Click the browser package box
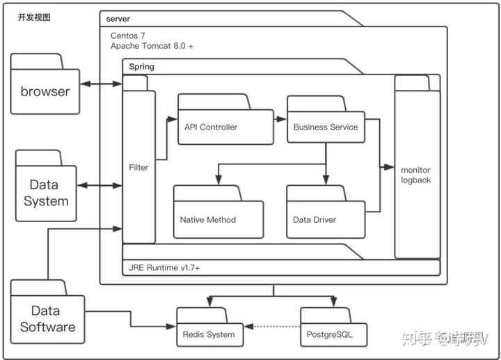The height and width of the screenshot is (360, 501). coord(45,91)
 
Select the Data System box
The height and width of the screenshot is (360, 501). coord(46,193)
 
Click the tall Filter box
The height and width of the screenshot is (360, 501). coord(138,167)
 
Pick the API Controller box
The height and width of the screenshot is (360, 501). coord(225,127)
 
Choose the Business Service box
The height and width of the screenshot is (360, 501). coord(326,127)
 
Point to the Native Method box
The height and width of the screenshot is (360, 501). coord(218,219)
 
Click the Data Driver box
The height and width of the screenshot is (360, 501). coord(325,219)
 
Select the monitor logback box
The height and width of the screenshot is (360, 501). coord(416,174)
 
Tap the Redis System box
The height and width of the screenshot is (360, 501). coord(209,334)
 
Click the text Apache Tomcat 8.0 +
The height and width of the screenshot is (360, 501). coord(152,45)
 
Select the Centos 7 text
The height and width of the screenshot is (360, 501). coord(129,35)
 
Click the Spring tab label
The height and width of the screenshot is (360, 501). coord(142,67)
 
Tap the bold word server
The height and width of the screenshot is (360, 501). coord(119,18)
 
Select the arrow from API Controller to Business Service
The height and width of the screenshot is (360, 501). coord(280,119)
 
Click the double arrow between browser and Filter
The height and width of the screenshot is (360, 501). coord(101,84)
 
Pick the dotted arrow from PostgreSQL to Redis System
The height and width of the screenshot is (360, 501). coord(271,326)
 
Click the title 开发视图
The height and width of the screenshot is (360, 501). coord(34,17)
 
